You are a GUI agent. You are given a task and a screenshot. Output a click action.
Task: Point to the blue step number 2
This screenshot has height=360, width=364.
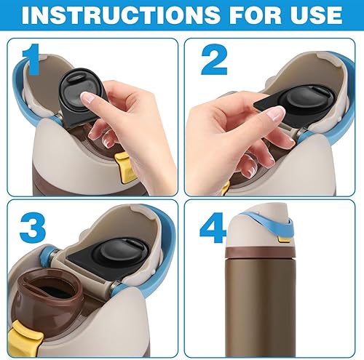pos(213,62)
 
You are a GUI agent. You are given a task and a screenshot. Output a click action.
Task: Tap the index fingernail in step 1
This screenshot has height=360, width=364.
pos(87,97)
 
